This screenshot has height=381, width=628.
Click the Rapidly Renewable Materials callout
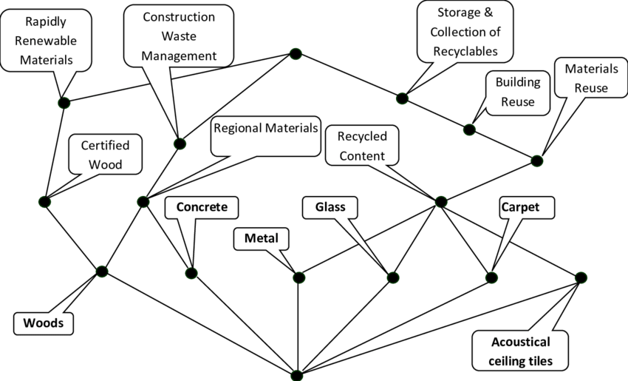[46, 41]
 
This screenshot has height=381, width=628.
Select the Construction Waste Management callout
[179, 36]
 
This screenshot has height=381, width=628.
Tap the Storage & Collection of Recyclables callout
[464, 33]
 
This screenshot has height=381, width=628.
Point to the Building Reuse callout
[518, 92]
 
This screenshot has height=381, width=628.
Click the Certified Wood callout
[105, 154]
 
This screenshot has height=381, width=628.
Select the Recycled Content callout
[362, 145]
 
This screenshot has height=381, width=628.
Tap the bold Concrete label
[202, 207]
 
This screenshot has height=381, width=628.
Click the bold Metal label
[261, 238]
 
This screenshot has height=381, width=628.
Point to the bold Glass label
[330, 207]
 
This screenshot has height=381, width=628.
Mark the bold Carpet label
[520, 207]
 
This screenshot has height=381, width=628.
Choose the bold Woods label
[44, 323]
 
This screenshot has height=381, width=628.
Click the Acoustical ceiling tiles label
[521, 351]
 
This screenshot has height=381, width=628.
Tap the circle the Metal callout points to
[298, 277]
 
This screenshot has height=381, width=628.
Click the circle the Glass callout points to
[393, 277]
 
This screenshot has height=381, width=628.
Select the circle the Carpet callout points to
[491, 277]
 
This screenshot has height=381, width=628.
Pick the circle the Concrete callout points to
[191, 274]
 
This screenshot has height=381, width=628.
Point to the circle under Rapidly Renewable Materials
[64, 103]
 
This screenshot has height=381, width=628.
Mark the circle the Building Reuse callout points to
[469, 130]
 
